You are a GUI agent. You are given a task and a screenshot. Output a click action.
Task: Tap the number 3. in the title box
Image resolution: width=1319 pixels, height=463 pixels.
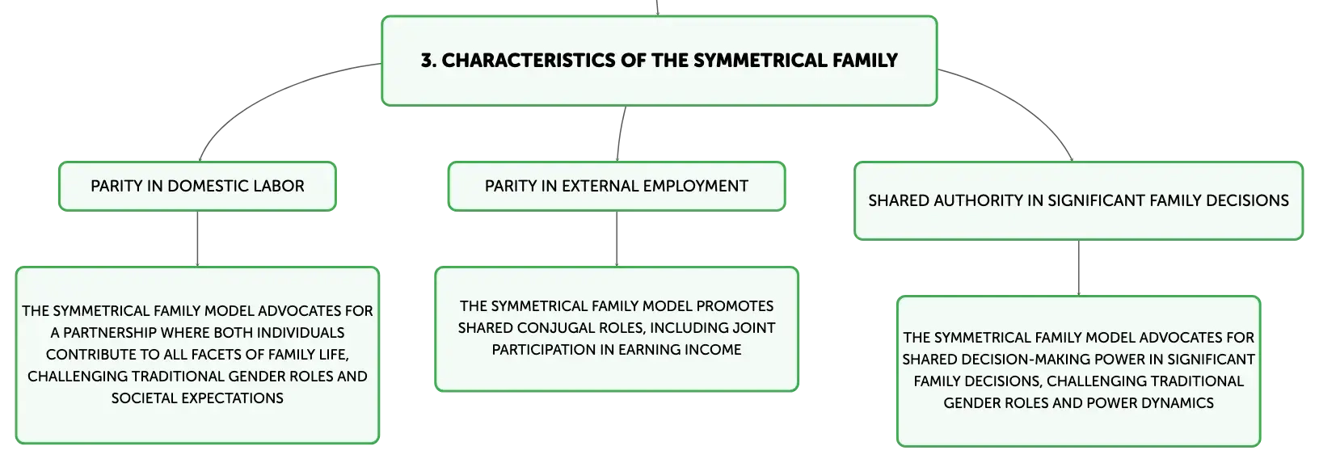coord(428,60)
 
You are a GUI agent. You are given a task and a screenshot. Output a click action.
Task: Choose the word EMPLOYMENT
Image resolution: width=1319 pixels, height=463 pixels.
coord(695,186)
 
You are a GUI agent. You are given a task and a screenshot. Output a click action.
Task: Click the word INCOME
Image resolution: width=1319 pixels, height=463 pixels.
coord(716,350)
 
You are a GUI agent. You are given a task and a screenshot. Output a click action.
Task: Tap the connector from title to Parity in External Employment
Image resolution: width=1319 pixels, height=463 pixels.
coord(620,133)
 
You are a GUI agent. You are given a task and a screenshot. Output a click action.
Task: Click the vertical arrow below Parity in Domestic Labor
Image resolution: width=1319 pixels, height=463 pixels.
coord(197,238)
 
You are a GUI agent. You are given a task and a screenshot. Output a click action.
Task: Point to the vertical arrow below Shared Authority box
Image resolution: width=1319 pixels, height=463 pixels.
coord(1079,268)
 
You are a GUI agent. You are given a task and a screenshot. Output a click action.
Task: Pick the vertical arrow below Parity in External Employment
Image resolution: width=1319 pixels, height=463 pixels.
coord(617,238)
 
